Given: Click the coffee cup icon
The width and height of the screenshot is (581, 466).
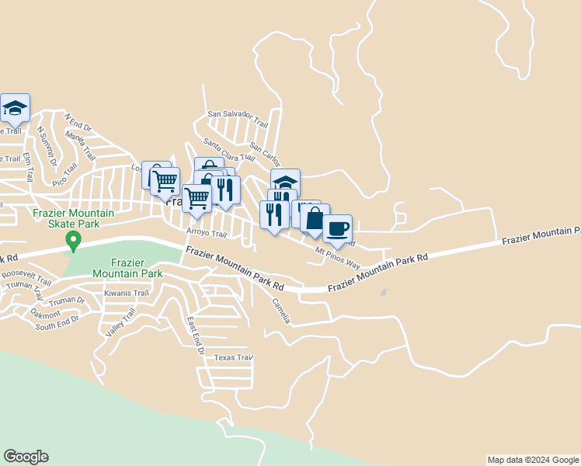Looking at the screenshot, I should (337, 228).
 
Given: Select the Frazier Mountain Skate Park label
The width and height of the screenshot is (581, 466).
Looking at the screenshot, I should (73, 218).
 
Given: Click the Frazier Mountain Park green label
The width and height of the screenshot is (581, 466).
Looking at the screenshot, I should (127, 269).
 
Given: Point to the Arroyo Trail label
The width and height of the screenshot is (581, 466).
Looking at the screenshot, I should (206, 233).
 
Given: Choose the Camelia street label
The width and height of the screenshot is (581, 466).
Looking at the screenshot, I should (281, 311).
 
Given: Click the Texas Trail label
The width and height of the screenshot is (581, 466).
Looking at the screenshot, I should (234, 358).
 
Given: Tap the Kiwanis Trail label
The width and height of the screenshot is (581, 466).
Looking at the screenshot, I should (126, 294).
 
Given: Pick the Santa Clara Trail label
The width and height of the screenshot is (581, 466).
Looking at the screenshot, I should (228, 149).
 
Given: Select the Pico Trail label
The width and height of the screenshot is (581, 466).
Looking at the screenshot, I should (64, 175).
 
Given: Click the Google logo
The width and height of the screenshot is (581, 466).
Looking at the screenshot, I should (26, 457).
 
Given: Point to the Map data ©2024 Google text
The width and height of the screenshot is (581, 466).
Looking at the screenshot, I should (533, 460).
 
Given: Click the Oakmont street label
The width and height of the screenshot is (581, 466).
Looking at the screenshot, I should (46, 314).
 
